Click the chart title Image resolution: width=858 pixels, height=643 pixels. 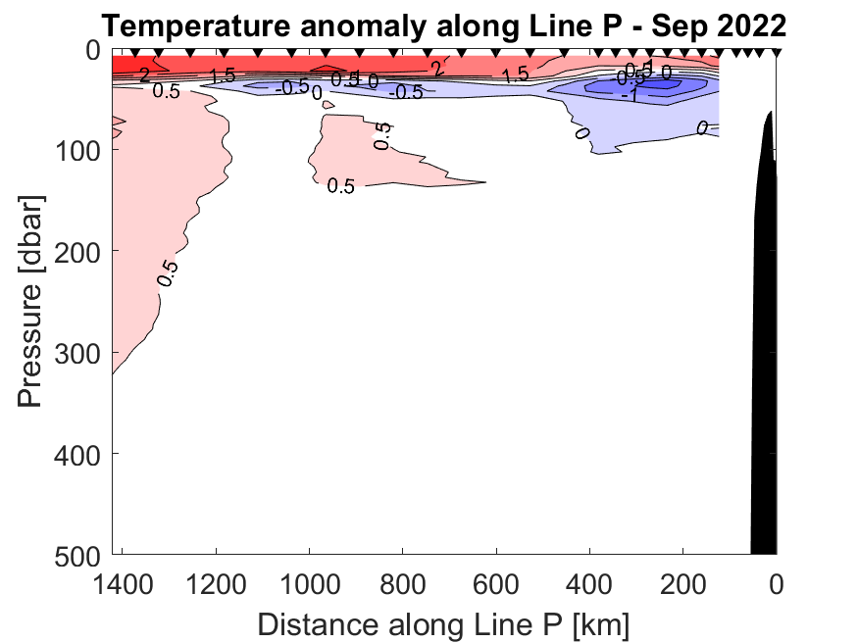pos(443,25)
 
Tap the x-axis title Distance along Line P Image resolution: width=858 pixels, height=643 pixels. pos(443,623)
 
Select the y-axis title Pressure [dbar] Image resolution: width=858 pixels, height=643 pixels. pos(32,300)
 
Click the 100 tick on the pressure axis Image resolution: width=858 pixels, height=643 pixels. pos(79,150)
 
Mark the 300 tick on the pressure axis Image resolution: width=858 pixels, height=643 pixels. pos(79,352)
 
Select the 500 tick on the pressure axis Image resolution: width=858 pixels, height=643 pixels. pos(79,554)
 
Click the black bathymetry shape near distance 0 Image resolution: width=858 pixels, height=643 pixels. pos(764,343)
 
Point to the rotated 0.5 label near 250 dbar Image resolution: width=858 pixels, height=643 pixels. pos(168,272)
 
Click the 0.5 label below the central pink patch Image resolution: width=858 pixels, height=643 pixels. pos(340,186)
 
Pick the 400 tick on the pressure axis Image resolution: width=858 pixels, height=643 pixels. pos(79,453)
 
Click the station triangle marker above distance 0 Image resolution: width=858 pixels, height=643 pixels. pos(776,53)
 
